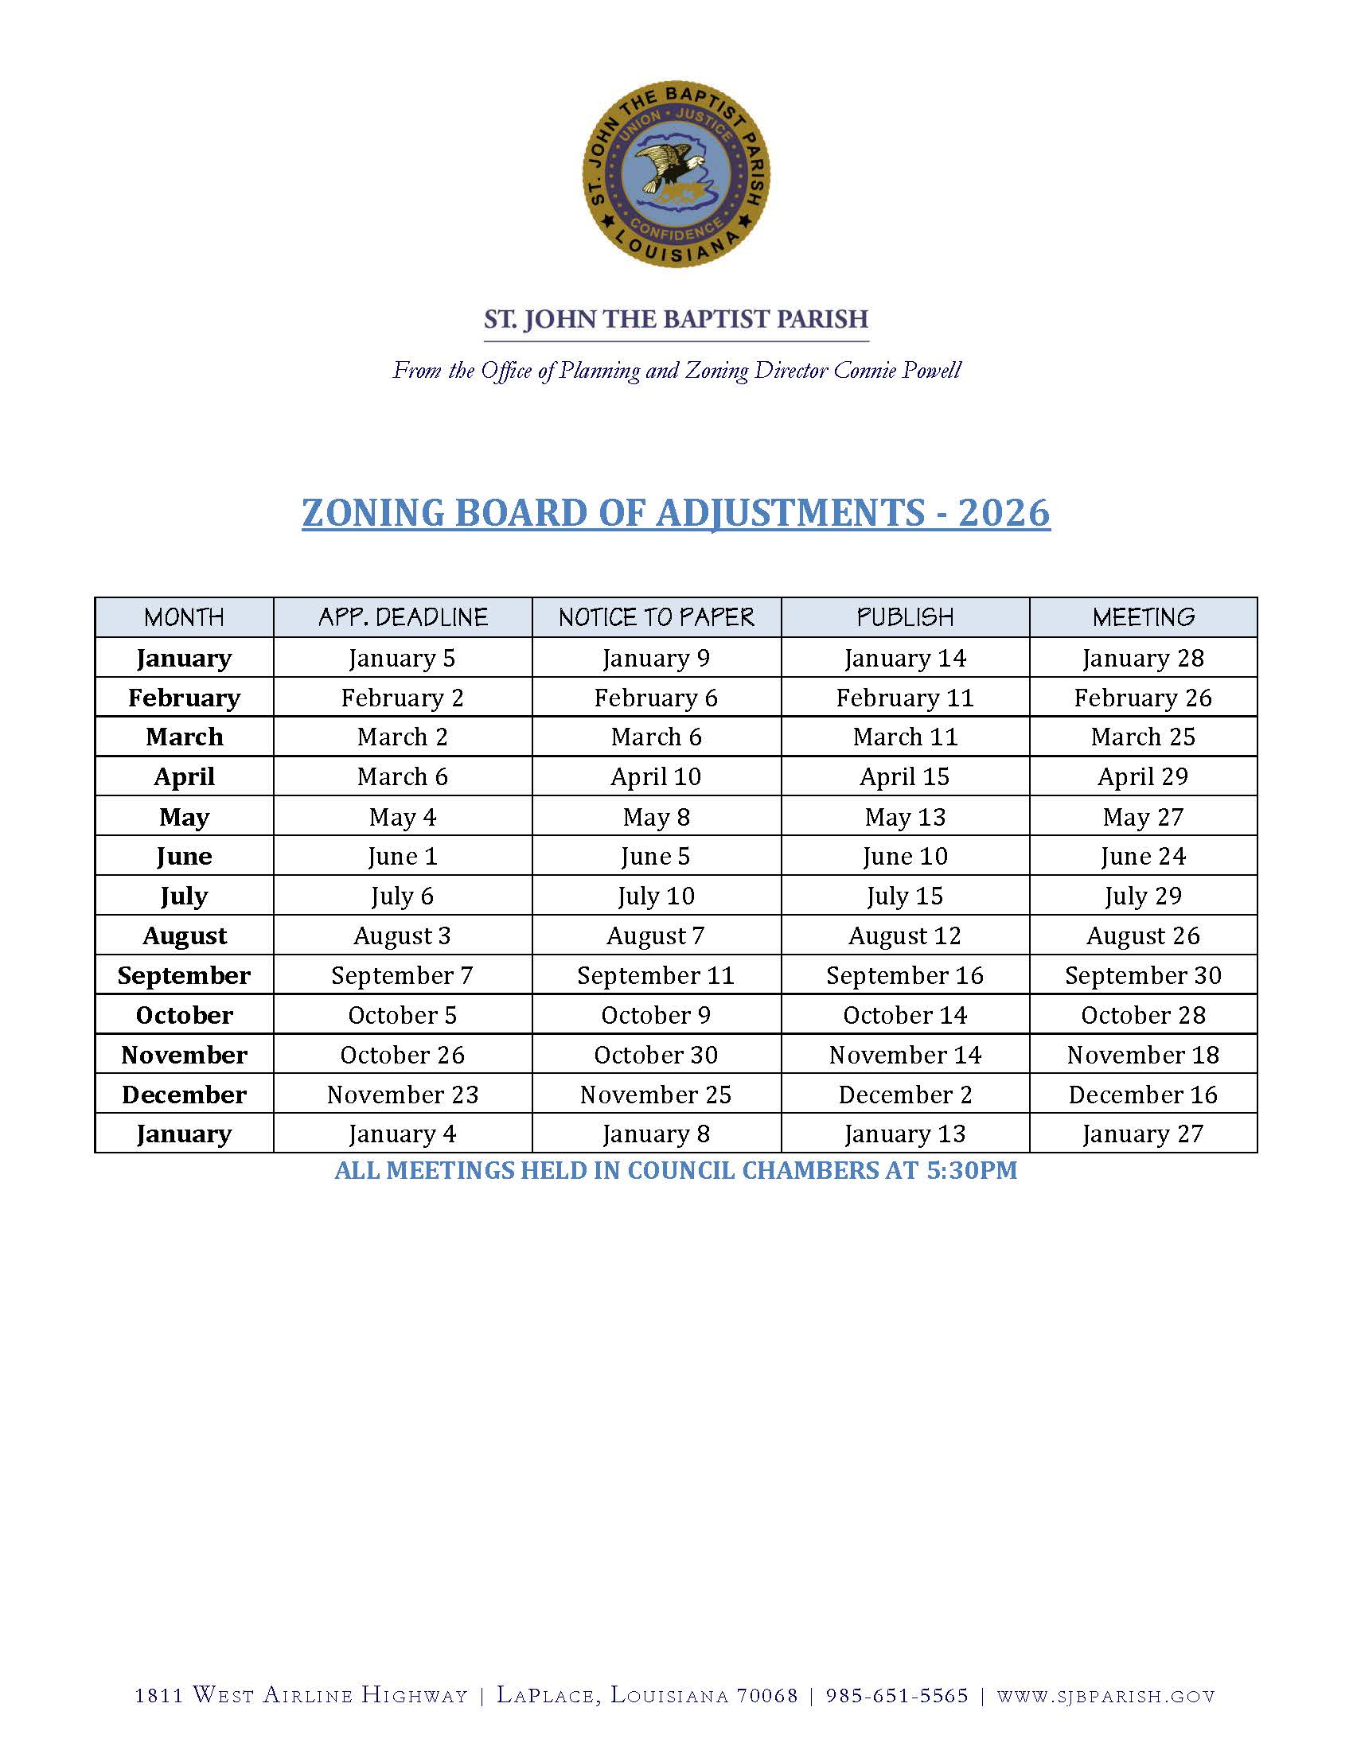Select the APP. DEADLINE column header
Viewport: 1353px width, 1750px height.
[403, 617]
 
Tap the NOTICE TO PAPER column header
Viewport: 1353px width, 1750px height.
[656, 617]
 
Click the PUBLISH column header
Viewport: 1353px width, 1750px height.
[905, 617]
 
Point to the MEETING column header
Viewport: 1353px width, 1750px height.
[1143, 617]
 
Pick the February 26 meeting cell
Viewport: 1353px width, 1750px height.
[1143, 698]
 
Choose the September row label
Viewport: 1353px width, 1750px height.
[184, 975]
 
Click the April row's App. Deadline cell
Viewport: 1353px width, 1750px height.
[403, 776]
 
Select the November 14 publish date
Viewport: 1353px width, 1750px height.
[905, 1055]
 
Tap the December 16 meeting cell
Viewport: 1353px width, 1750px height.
[1143, 1095]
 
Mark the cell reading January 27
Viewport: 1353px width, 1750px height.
[1143, 1134]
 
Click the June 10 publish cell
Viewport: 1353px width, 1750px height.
[905, 856]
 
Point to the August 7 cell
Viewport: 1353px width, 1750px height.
[656, 935]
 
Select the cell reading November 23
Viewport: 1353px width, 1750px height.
[403, 1095]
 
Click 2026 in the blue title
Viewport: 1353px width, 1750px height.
[1004, 513]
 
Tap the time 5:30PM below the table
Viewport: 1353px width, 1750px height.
[972, 1171]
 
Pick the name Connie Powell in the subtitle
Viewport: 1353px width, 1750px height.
[897, 370]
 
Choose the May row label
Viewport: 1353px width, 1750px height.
[184, 816]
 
